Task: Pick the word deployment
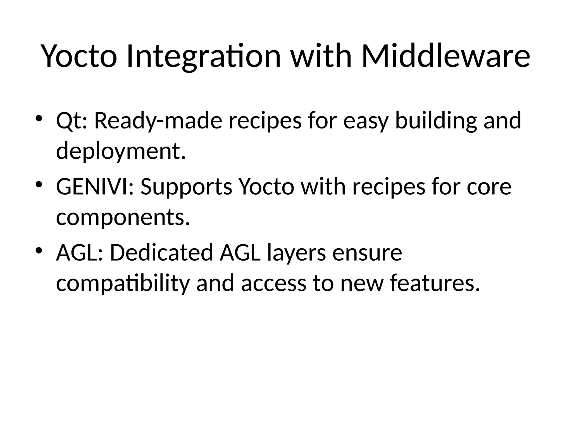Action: pos(121,151)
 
